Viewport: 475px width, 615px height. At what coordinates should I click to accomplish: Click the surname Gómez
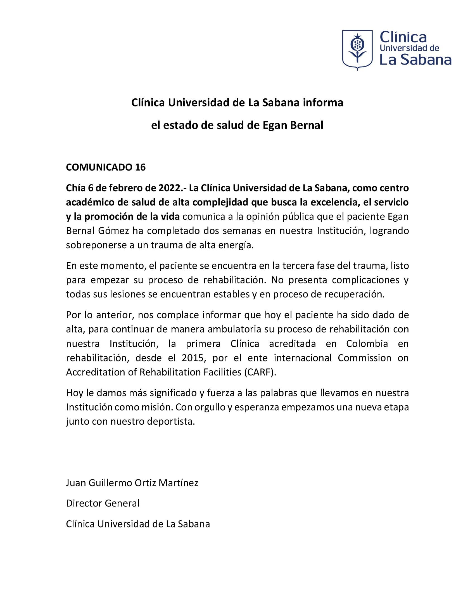click(114, 231)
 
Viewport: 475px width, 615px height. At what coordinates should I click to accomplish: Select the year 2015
click(192, 358)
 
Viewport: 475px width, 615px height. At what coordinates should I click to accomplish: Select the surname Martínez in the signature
click(179, 483)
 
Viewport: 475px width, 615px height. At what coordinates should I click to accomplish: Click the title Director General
click(103, 503)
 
